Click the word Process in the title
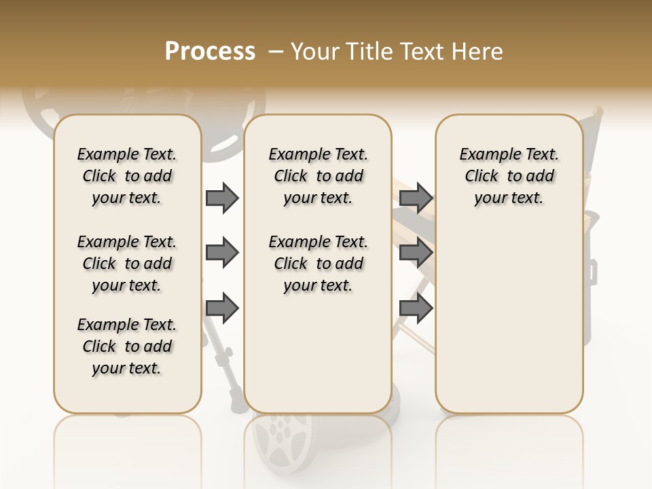tap(210, 51)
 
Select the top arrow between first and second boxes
tap(222, 198)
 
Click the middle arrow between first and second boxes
tap(222, 253)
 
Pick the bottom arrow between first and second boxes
tap(222, 308)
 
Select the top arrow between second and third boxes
tap(416, 198)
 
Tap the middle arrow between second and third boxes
tap(416, 253)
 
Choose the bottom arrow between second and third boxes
tap(416, 308)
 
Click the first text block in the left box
tap(127, 176)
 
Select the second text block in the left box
tap(127, 264)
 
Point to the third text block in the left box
tap(127, 346)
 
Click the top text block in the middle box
tap(318, 176)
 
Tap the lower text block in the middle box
tap(318, 264)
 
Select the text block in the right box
tap(509, 176)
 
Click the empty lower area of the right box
tap(509, 319)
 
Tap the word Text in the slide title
tap(422, 52)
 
